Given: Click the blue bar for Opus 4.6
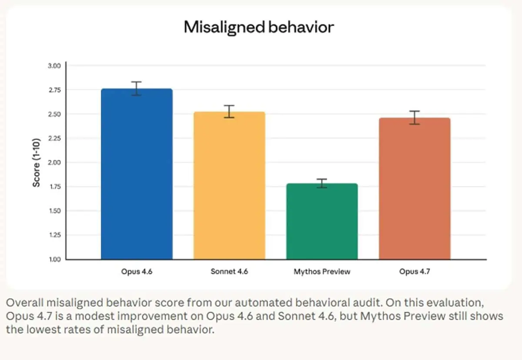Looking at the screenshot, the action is pos(137,174).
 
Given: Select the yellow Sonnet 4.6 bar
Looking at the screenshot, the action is pos(229,186).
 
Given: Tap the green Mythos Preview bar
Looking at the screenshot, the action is pos(322,221).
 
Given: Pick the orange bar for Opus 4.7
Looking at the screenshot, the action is pos(415,189).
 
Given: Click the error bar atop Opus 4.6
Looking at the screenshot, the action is pos(136,89).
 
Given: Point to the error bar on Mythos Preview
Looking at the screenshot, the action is pos(322,183).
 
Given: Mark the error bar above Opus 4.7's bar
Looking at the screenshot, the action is pos(415,117).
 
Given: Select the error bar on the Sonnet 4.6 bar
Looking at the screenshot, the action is pos(229,112).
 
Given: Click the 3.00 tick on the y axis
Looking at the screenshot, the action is pos(54,66).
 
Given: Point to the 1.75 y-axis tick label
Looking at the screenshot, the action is pos(55,187).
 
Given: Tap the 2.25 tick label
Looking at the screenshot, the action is pos(54,138).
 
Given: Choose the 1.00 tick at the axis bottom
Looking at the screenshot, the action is pos(55,259).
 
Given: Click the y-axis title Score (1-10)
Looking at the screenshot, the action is pos(37,163).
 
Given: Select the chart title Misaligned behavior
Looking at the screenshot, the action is pos(259,27).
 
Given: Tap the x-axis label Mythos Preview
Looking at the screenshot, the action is pos(322,271).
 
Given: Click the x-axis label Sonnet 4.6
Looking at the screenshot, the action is pos(229,271).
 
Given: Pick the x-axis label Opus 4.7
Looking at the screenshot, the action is pos(415,271).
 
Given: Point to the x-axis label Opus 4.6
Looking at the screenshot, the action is pos(137,271).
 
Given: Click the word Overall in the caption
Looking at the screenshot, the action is pos(25,303).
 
